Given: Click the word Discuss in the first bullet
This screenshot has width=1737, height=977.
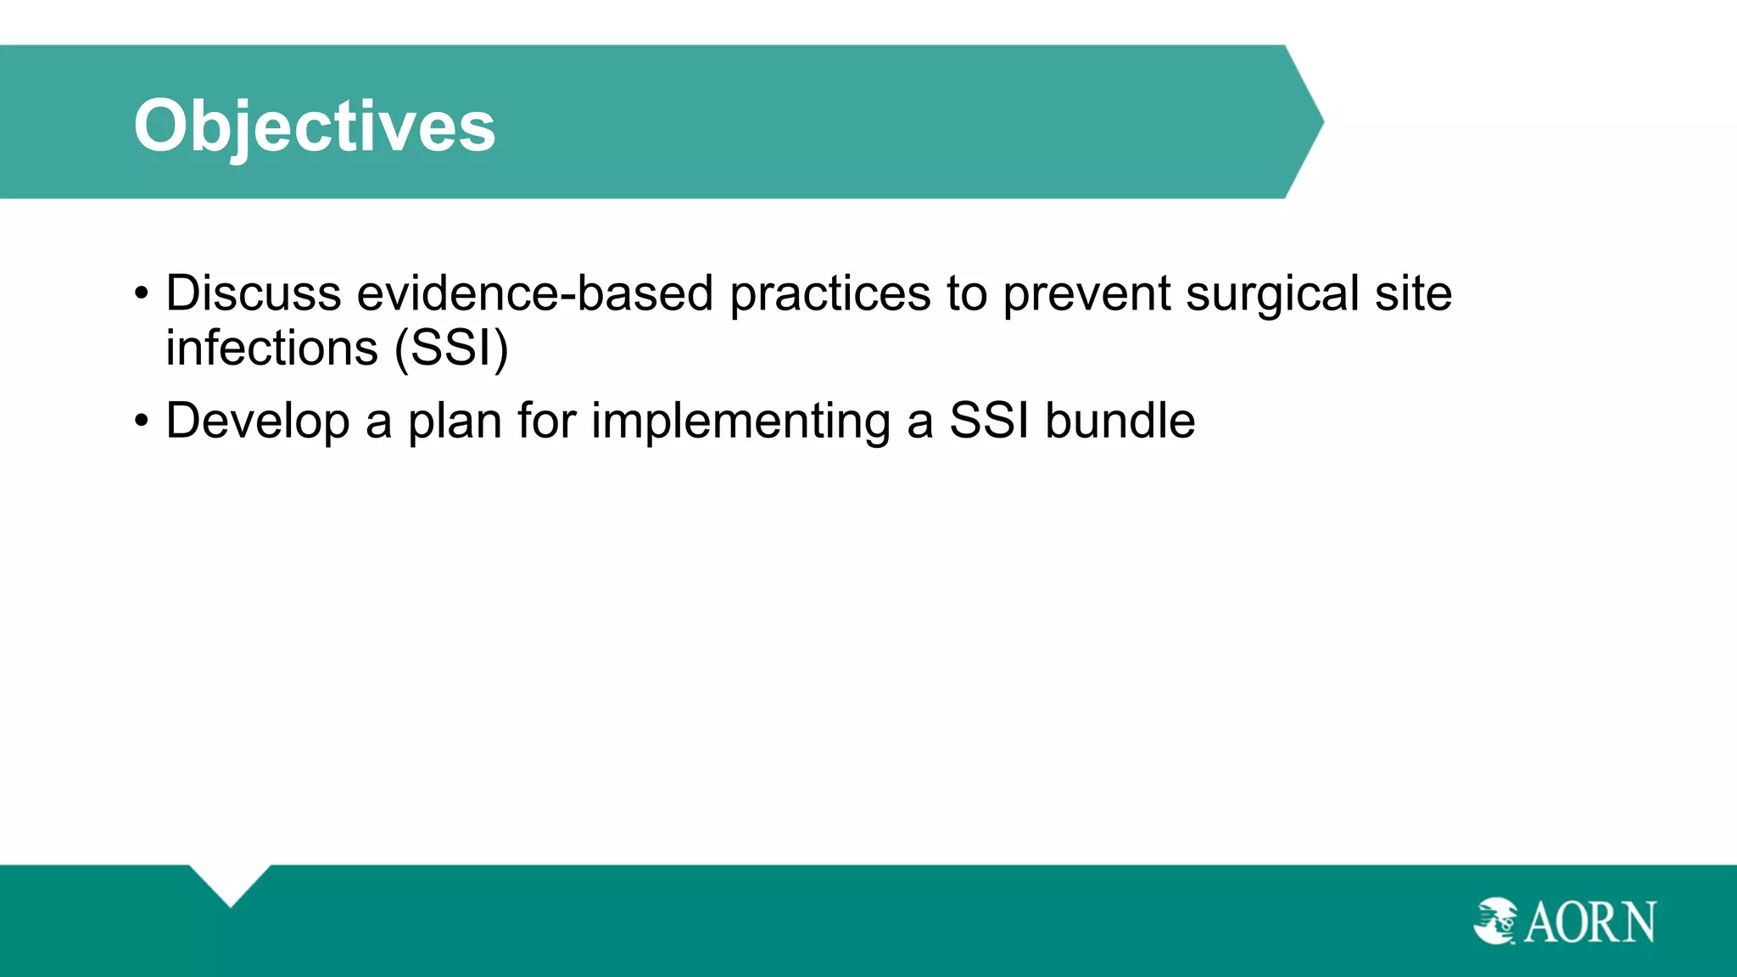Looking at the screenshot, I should (x=253, y=293).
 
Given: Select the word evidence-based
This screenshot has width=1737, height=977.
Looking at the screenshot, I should (x=534, y=293).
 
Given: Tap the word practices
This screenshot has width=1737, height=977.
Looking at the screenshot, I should (x=829, y=293).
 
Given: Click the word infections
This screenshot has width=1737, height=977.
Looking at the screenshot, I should (x=271, y=349).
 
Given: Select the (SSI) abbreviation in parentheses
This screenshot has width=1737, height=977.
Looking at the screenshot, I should (x=451, y=349).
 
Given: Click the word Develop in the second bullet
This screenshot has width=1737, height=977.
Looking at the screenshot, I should (x=257, y=421).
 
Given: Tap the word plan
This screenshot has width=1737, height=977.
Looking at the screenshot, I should (x=455, y=421).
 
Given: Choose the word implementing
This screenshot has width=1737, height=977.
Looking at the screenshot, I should (x=740, y=421).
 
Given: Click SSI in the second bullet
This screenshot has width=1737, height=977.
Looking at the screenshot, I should (x=989, y=421).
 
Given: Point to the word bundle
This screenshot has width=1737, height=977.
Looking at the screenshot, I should (x=1120, y=421).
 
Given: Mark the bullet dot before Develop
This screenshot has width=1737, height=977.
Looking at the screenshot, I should (x=142, y=422).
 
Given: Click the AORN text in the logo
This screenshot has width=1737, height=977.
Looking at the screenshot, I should (x=1589, y=923).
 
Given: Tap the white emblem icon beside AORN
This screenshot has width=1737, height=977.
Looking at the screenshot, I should (x=1496, y=921).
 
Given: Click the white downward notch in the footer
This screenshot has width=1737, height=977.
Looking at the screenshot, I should (x=230, y=882).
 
